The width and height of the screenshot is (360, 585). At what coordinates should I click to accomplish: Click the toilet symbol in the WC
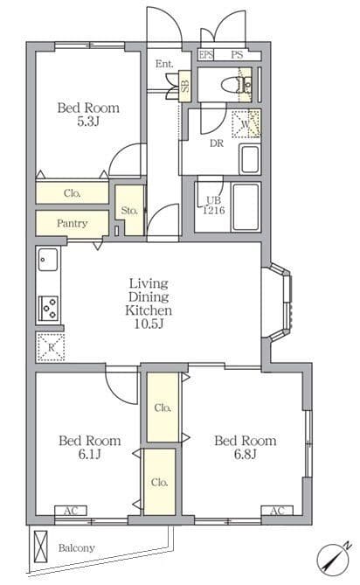[231, 85]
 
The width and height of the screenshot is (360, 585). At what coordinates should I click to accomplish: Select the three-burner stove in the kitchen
[49, 309]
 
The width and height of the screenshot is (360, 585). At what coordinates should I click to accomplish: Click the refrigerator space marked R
[51, 347]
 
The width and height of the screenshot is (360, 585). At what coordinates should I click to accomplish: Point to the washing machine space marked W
[246, 123]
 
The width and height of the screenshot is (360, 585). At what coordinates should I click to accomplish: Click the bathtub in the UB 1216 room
[246, 207]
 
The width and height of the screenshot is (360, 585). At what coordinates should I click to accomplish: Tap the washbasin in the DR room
[249, 159]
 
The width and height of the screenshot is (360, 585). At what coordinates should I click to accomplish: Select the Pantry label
[73, 224]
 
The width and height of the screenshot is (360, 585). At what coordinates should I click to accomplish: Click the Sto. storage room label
[129, 211]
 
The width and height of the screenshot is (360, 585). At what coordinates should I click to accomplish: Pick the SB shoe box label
[185, 86]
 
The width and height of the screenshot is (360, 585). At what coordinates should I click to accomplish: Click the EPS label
[205, 55]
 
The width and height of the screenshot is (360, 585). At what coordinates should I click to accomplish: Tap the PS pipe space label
[237, 55]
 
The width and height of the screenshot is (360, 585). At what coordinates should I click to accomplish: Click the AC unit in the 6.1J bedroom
[71, 511]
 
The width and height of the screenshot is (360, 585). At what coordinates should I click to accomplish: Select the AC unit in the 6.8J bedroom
[277, 511]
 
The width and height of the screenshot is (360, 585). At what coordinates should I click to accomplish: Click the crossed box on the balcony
[41, 546]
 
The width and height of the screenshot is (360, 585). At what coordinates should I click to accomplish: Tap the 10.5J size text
[149, 324]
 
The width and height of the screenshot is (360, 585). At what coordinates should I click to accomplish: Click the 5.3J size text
[87, 122]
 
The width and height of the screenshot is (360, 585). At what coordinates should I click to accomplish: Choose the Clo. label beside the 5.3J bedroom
[73, 193]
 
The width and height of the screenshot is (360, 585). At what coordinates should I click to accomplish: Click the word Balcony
[76, 548]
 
